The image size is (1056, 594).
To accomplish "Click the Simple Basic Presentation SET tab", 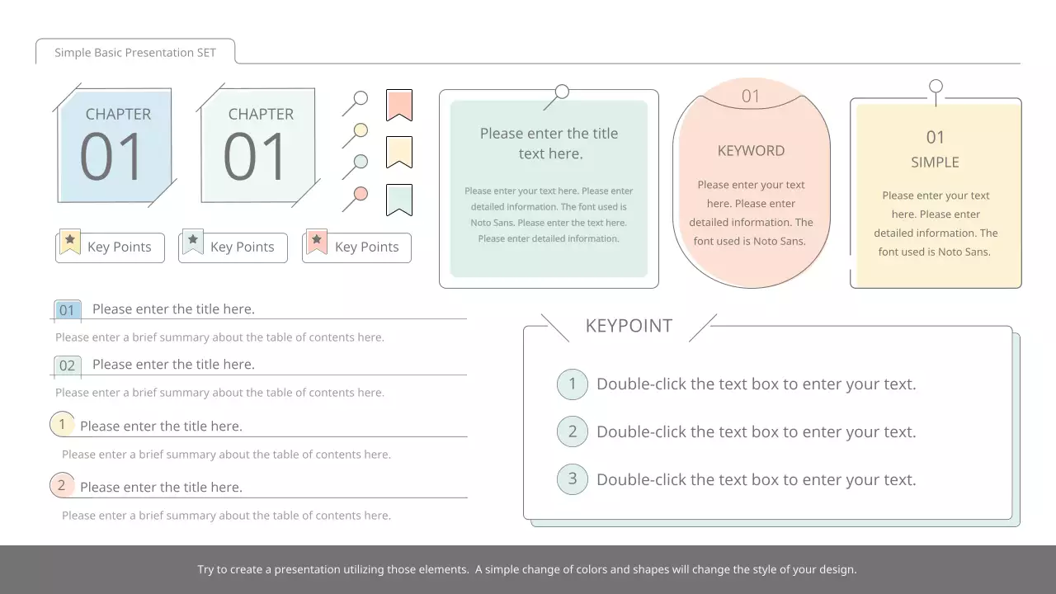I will [135, 52].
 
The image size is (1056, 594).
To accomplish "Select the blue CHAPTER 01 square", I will [115, 145].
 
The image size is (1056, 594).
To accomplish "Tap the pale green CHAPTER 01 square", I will [259, 145].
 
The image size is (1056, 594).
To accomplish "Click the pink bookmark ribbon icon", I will [399, 104].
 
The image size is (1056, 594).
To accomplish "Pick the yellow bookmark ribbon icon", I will [399, 152].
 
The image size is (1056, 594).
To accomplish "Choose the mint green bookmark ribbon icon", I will [399, 199].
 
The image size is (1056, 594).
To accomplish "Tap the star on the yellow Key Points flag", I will [70, 239].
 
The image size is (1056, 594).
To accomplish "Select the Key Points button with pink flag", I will [356, 247].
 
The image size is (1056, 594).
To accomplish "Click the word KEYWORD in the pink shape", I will [751, 151].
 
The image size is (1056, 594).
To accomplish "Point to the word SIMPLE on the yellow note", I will [935, 163].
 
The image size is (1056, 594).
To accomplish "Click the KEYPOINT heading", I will [629, 326].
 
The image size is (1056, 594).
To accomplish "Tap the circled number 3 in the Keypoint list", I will [573, 478].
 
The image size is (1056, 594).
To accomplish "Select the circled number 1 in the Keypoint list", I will [573, 384].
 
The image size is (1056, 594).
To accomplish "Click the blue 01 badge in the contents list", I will [67, 310].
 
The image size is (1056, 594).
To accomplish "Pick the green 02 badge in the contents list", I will [67, 365].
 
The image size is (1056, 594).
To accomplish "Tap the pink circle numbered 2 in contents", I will [62, 485].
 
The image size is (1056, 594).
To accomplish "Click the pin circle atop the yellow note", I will [936, 86].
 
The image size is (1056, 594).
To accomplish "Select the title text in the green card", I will [549, 144].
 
